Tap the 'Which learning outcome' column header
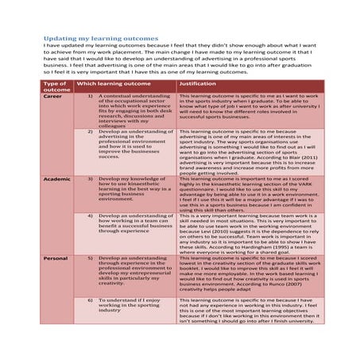[113, 83]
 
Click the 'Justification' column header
[199, 83]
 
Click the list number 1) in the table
[90, 96]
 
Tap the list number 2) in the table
[90, 130]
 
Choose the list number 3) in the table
[90, 180]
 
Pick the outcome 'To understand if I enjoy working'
[131, 304]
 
